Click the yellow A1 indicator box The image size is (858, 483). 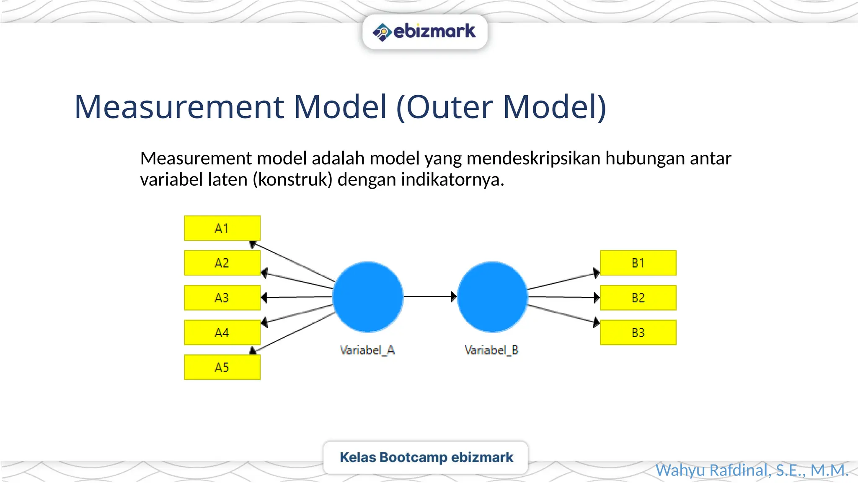pyautogui.click(x=222, y=228)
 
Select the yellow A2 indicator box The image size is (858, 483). pyautogui.click(x=222, y=263)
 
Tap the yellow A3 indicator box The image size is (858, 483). pyautogui.click(x=222, y=298)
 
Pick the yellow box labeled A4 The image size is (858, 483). pyautogui.click(x=222, y=332)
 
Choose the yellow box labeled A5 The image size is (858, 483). pyautogui.click(x=222, y=367)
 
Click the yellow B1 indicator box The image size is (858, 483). pyautogui.click(x=638, y=263)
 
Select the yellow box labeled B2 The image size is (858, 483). pyautogui.click(x=638, y=298)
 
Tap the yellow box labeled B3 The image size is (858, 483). pyautogui.click(x=638, y=332)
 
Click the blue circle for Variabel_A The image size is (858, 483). pyautogui.click(x=368, y=297)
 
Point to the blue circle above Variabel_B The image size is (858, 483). pyautogui.click(x=492, y=297)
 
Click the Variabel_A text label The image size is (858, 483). pyautogui.click(x=367, y=350)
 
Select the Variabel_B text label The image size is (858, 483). pyautogui.click(x=491, y=350)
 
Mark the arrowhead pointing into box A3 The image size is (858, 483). pyautogui.click(x=264, y=298)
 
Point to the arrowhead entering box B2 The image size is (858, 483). pyautogui.click(x=597, y=298)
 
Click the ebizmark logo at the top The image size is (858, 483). pyautogui.click(x=424, y=32)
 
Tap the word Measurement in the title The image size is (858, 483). pyautogui.click(x=179, y=107)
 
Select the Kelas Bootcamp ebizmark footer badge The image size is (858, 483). pyautogui.click(x=426, y=457)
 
